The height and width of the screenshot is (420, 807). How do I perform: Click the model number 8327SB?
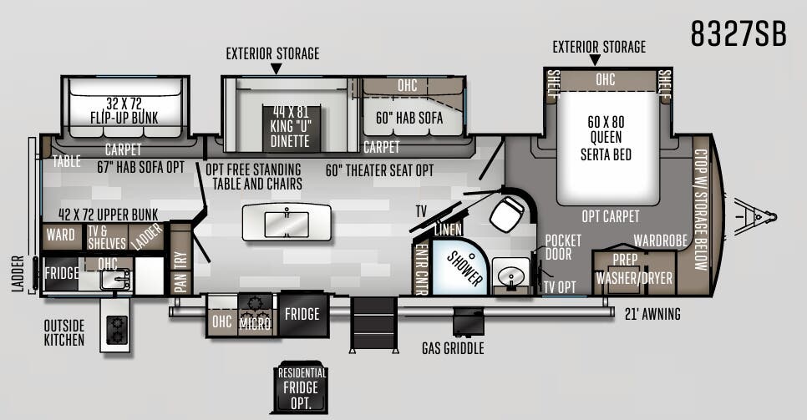(738, 34)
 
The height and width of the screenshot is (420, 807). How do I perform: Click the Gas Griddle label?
(453, 348)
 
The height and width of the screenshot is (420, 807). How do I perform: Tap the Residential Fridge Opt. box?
(301, 387)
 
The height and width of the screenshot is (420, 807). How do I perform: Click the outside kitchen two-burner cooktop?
(116, 330)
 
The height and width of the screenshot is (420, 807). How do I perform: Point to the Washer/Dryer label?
(634, 278)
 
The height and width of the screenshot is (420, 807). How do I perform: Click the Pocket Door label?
(563, 247)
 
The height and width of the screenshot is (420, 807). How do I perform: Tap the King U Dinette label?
(290, 127)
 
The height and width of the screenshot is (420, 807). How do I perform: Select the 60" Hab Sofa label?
(409, 118)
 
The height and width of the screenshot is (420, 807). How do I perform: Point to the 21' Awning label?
(652, 314)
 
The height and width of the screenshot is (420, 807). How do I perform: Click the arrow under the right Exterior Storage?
(595, 60)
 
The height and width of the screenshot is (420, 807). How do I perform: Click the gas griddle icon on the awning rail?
(468, 321)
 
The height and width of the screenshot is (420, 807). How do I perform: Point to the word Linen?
(449, 230)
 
